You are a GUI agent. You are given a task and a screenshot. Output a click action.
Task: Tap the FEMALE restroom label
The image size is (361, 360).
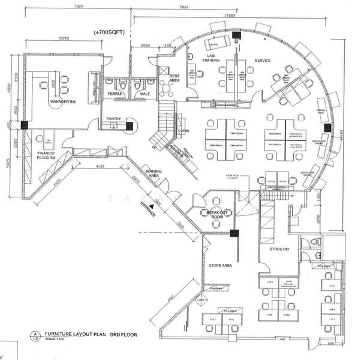pyautogui.click(x=115, y=94)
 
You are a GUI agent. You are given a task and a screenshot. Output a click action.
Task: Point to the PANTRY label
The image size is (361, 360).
pyautogui.click(x=114, y=119)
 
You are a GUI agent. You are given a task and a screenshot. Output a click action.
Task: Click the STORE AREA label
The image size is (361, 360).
pyautogui.click(x=219, y=265)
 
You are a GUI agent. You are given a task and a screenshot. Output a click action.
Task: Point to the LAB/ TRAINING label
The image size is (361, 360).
pyautogui.click(x=211, y=59)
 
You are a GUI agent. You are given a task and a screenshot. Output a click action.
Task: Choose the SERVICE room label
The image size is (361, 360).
pyautogui.click(x=263, y=61)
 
